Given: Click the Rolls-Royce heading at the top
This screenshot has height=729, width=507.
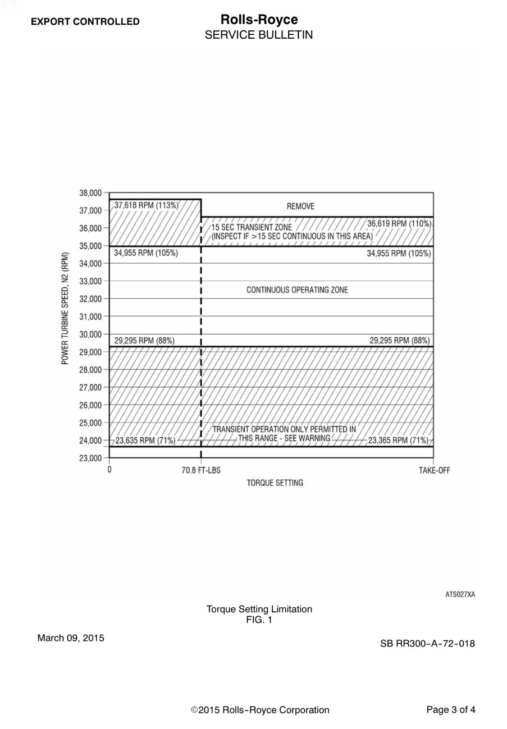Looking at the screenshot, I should pyautogui.click(x=259, y=20).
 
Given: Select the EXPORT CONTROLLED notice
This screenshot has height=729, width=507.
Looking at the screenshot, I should pyautogui.click(x=85, y=22).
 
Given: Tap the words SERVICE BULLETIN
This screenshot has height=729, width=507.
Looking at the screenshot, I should pyautogui.click(x=259, y=35).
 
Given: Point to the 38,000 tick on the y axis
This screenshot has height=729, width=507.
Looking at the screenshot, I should pyautogui.click(x=90, y=193).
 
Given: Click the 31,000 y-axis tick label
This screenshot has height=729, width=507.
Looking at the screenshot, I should pyautogui.click(x=90, y=317).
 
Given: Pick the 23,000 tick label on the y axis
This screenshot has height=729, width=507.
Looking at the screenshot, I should pyautogui.click(x=90, y=458).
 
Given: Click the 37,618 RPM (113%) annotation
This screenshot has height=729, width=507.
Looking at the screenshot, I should pyautogui.click(x=146, y=205).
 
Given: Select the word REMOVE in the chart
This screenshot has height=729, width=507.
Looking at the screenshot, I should pyautogui.click(x=300, y=207).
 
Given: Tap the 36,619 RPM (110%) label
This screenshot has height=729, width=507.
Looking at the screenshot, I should pyautogui.click(x=399, y=223).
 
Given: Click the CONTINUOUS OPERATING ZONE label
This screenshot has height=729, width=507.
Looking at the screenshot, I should pyautogui.click(x=297, y=290).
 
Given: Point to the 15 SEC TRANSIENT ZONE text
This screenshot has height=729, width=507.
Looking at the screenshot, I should pyautogui.click(x=252, y=227).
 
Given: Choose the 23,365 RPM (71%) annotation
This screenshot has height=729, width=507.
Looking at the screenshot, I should pyautogui.click(x=398, y=441).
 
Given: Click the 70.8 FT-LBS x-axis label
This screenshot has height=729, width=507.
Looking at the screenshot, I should pyautogui.click(x=201, y=470).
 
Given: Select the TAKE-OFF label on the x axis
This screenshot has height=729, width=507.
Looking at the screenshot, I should pyautogui.click(x=434, y=470).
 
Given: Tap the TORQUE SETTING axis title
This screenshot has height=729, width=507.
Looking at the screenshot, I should pyautogui.click(x=275, y=483).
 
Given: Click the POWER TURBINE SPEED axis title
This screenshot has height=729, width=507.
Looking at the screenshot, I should pyautogui.click(x=65, y=308).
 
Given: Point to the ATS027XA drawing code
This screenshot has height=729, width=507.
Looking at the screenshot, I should pyautogui.click(x=460, y=594).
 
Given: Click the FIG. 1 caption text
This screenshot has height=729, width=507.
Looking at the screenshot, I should pyautogui.click(x=259, y=620).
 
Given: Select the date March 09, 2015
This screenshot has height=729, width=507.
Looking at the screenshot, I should pyautogui.click(x=71, y=638).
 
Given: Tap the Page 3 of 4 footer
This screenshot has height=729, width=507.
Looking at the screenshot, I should pyautogui.click(x=451, y=710).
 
